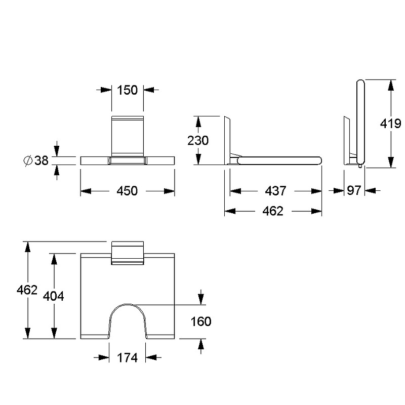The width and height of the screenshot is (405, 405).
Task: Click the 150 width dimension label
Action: (x=128, y=90)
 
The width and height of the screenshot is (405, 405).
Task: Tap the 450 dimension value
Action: (x=128, y=191)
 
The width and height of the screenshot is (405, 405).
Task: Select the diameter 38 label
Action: (x=36, y=160)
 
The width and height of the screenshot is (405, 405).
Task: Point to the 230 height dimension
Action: (x=198, y=141)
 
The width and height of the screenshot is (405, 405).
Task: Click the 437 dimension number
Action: (x=275, y=191)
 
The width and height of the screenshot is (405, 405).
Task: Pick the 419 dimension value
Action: (x=390, y=124)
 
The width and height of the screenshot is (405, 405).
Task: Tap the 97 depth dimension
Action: (x=354, y=191)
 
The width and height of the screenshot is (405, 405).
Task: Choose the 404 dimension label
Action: (x=54, y=296)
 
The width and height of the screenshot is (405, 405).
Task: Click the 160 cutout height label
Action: (x=201, y=321)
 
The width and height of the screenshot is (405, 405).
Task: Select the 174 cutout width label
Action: (x=128, y=358)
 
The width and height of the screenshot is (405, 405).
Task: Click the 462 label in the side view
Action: (x=273, y=211)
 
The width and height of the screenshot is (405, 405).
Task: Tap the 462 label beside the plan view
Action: (x=27, y=290)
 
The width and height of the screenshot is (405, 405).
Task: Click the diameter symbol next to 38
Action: (x=28, y=160)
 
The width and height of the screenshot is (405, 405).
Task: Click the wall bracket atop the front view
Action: (x=128, y=136)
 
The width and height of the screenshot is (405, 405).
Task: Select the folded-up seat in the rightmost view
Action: (x=360, y=122)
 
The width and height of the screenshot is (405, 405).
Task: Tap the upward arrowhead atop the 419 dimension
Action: (x=391, y=85)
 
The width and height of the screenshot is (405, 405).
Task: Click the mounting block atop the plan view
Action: (x=128, y=253)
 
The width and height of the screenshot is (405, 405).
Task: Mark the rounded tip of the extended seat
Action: (x=320, y=160)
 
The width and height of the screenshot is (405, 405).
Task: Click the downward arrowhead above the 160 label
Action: (x=201, y=300)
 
